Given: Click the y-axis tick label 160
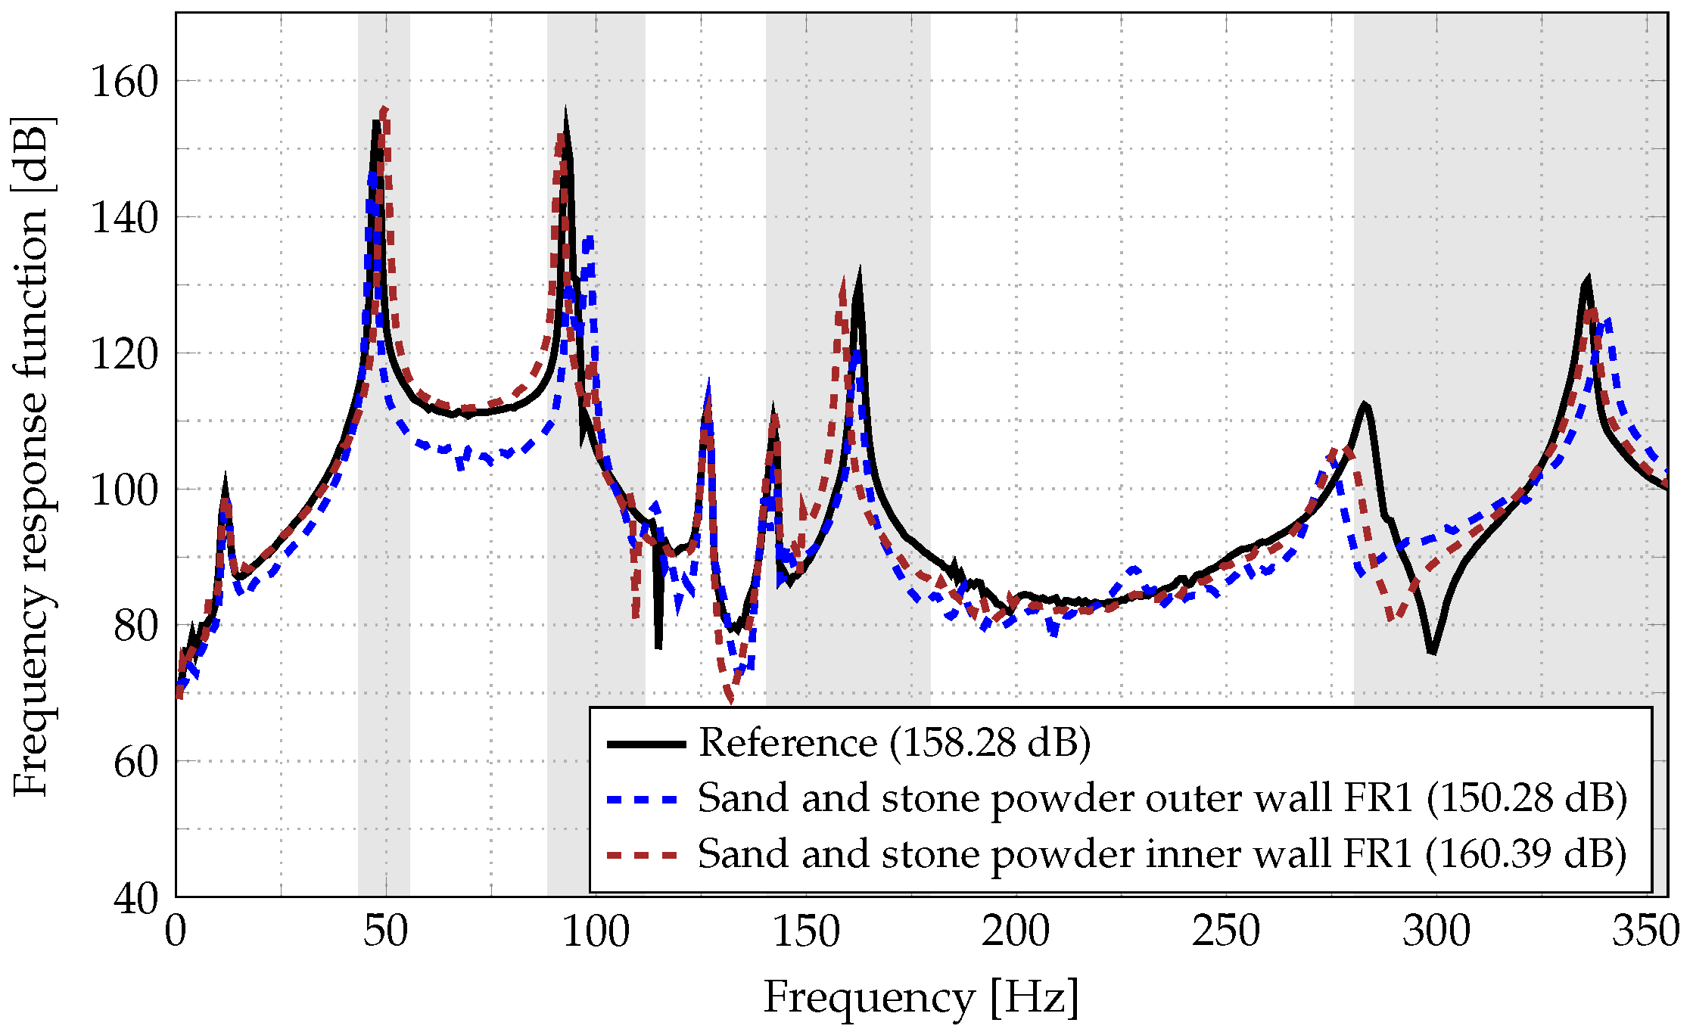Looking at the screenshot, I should pos(123,82).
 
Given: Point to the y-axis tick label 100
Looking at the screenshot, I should pos(123,490).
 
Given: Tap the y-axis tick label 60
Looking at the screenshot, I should pos(135,762).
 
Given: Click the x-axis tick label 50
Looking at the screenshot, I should pos(385,931).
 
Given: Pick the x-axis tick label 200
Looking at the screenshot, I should pos(1016,931).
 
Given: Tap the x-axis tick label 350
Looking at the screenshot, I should pos(1645,931).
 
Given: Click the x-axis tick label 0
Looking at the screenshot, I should pos(176,931).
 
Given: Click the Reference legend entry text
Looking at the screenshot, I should pos(894,743).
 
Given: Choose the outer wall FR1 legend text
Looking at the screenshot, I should pos(1162,799).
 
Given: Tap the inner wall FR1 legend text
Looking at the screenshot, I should pos(1162,854).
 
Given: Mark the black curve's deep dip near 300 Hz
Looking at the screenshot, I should pos(1432,651).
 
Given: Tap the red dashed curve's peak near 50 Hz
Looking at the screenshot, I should pos(384,110).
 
